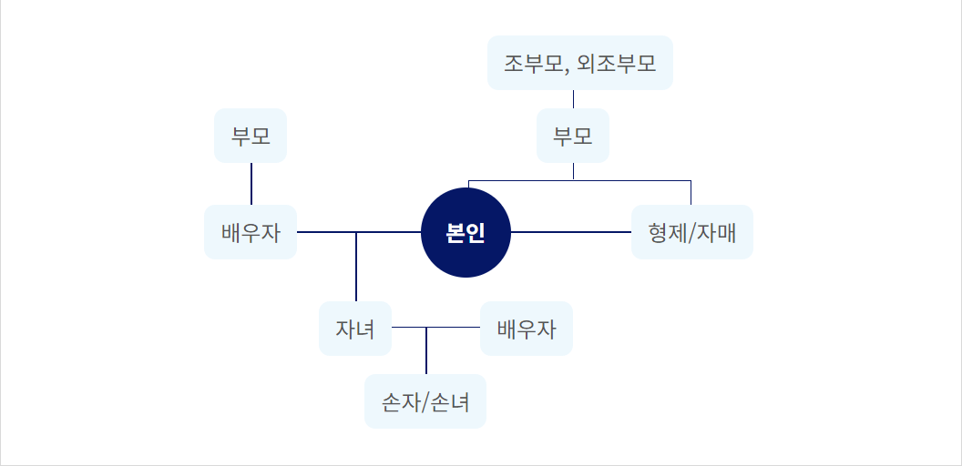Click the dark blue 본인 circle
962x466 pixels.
(466, 232)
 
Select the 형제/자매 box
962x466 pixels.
(692, 232)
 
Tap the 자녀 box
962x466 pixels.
(355, 329)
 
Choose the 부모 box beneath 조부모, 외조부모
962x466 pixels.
(573, 137)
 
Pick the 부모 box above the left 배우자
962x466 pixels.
(251, 137)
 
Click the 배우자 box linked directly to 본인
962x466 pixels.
(251, 232)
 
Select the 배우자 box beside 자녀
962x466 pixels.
(527, 329)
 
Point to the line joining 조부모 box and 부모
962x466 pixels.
(573, 99)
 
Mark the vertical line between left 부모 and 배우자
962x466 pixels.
(251, 184)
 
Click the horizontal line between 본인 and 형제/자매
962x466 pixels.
(571, 232)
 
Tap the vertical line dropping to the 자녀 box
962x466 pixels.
(356, 268)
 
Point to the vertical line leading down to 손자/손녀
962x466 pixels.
(426, 351)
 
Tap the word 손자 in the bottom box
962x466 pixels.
(399, 401)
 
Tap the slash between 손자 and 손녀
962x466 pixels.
(425, 401)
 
